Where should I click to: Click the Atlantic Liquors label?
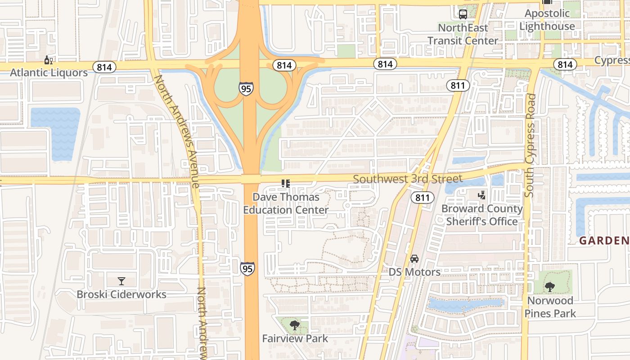(x=49, y=72)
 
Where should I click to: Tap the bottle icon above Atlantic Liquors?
(x=48, y=60)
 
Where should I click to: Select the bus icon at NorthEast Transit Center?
(x=463, y=14)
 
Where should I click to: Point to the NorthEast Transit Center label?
(x=463, y=34)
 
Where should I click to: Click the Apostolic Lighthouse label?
(x=547, y=20)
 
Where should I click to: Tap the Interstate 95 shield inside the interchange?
(x=246, y=88)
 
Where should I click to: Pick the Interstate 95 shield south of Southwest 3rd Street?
(x=247, y=268)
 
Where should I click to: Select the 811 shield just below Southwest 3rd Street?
(x=422, y=197)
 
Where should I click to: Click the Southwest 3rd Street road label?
(x=407, y=179)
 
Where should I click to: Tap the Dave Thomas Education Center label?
(x=286, y=203)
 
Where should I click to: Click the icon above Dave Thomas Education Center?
(x=285, y=183)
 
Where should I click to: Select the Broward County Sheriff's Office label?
(x=481, y=215)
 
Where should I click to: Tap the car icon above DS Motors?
(x=414, y=259)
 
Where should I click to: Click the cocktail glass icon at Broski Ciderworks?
(x=121, y=281)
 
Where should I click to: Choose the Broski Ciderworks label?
(x=121, y=294)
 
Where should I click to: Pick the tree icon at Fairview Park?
(x=295, y=325)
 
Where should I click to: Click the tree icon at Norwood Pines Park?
(x=549, y=287)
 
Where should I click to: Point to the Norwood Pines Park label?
(x=550, y=307)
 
